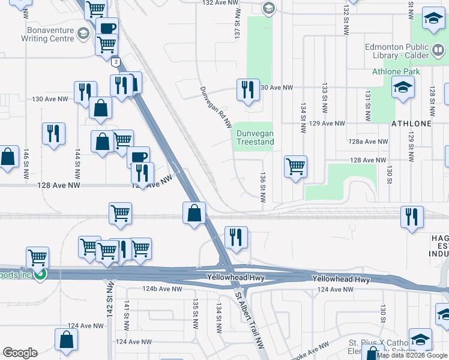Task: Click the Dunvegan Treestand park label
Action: click(x=255, y=137)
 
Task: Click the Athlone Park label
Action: click(x=396, y=71)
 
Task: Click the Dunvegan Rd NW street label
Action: click(x=216, y=106)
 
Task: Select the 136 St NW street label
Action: click(x=262, y=187)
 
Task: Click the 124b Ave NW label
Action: click(x=162, y=289)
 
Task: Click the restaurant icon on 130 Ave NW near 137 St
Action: click(x=248, y=89)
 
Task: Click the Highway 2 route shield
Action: click(x=114, y=61)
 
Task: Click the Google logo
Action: click(x=20, y=353)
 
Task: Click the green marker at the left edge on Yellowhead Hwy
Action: click(x=41, y=275)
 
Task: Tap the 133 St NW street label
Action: click(x=324, y=96)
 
